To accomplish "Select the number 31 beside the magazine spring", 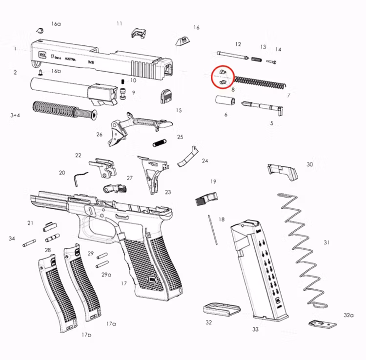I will pos(326,242).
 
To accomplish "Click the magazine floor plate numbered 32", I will pos(221,310).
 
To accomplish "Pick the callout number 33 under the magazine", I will pos(255,329).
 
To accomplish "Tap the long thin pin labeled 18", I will pos(212,229).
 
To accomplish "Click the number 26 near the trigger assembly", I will pos(100,135).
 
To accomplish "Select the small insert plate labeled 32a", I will pos(321,323).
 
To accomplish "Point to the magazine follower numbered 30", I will pos(282,170).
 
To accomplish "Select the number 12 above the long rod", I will pos(238,44).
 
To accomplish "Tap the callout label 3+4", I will pos(15,115).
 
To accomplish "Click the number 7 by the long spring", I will pos(288,96).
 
